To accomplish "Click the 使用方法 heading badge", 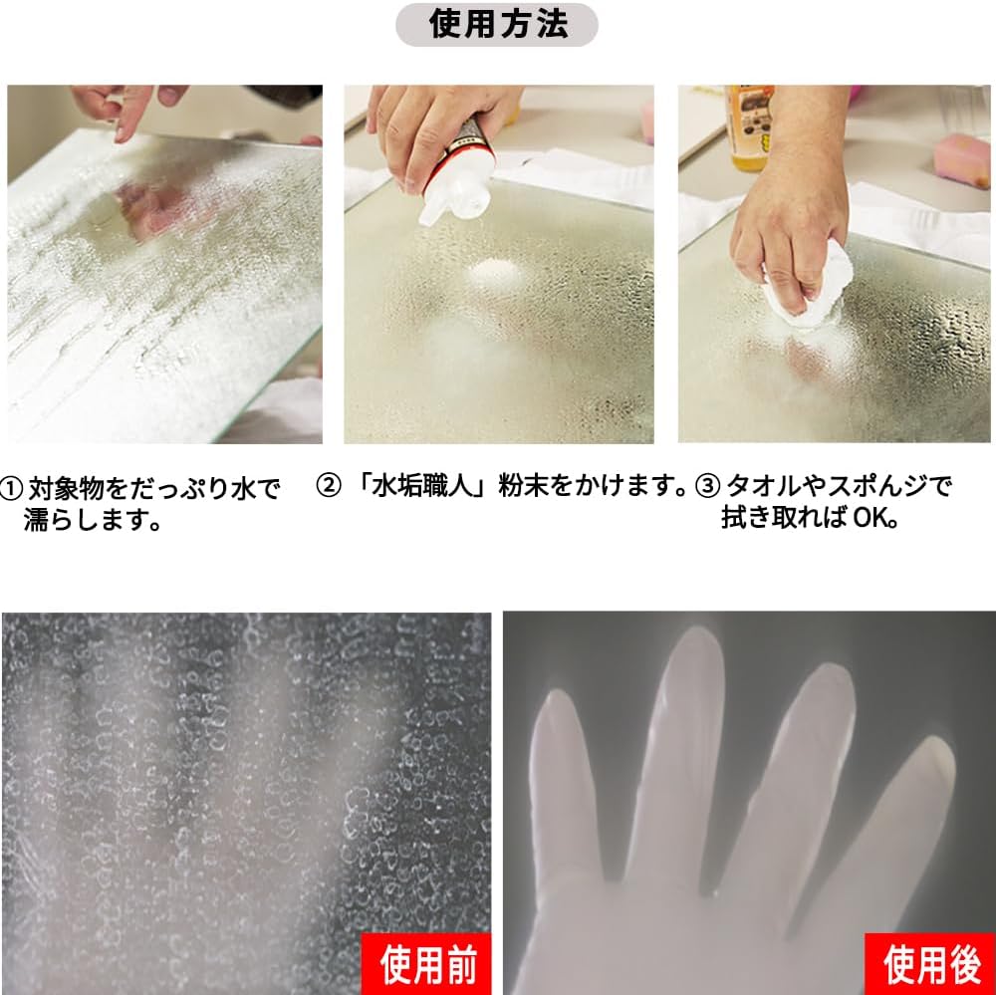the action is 497,25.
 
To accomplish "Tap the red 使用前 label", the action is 426,964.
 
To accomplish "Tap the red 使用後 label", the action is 930,964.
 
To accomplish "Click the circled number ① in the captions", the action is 11,489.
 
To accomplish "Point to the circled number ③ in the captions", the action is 707,486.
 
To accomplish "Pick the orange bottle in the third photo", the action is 750,127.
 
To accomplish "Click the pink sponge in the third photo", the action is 963,160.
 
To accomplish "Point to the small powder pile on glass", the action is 496,274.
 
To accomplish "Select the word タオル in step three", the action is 763,486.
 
